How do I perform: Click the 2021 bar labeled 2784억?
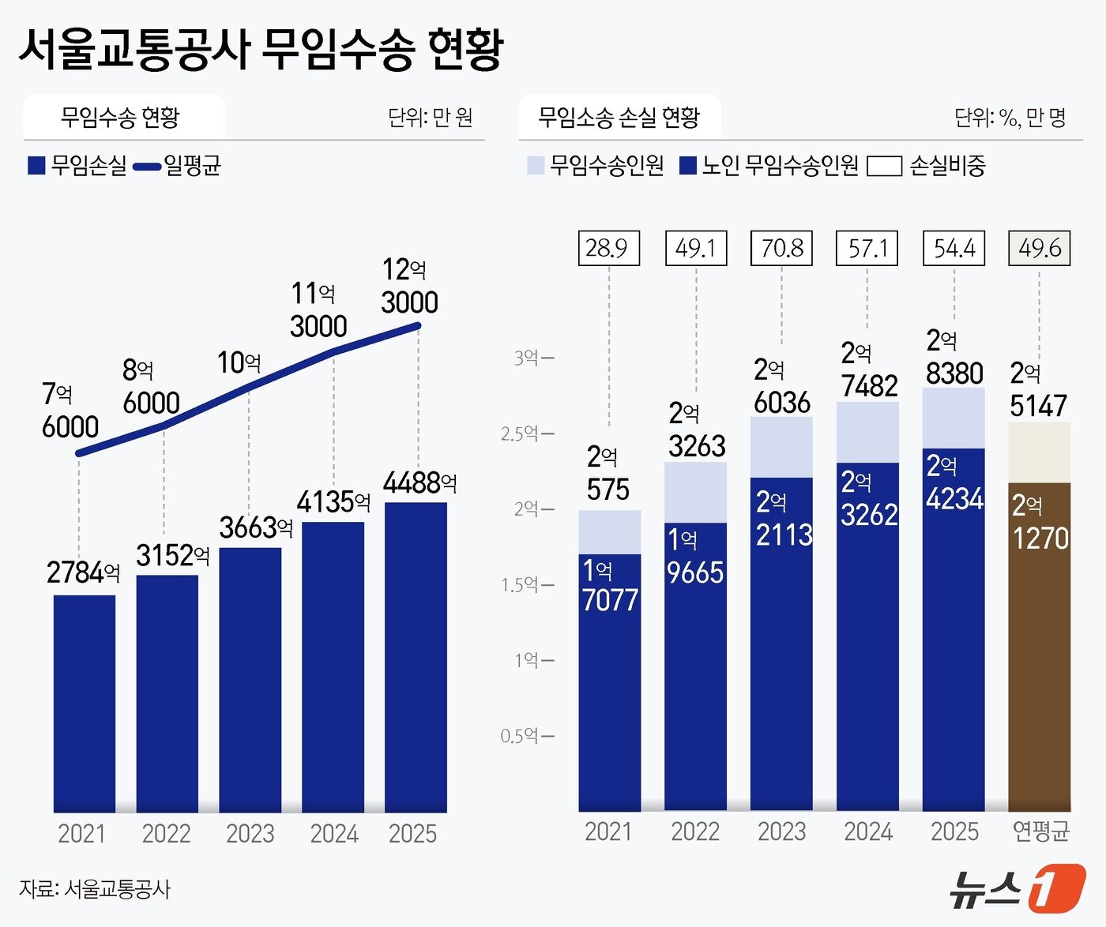[x=85, y=703]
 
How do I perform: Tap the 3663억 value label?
[x=255, y=527]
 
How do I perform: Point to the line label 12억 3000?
[x=408, y=286]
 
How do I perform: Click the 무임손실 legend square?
[x=36, y=165]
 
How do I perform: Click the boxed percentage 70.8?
[x=781, y=248]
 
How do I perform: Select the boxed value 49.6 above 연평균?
[x=1039, y=248]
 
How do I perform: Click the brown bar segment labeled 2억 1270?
[x=1039, y=647]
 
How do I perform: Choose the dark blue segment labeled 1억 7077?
[x=609, y=683]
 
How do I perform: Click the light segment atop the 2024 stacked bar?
[x=867, y=432]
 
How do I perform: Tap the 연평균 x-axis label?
[x=1040, y=831]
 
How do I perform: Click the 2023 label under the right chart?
[x=781, y=831]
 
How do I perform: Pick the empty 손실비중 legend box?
[x=884, y=166]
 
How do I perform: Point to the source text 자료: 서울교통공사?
[x=95, y=888]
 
